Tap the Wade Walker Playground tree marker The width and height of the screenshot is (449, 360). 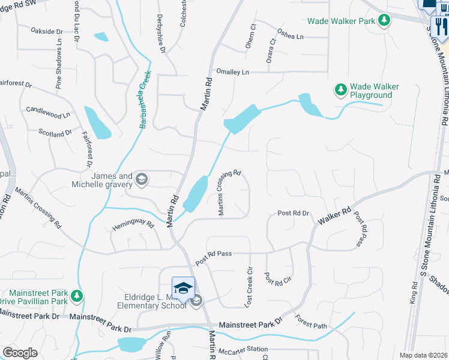point(341,90)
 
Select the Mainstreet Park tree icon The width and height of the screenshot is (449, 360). point(77,296)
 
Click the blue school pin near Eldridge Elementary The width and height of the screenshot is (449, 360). point(184,288)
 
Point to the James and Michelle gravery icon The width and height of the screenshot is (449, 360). point(141,179)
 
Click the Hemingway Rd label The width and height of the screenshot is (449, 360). point(134,224)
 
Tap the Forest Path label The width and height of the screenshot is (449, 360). point(311,323)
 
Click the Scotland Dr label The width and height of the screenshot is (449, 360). point(55,133)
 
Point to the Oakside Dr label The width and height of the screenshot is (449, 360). point(46,31)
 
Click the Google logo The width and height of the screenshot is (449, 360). point(20,353)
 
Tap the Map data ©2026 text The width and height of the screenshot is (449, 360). point(423,355)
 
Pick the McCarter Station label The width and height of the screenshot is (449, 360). point(243,350)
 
